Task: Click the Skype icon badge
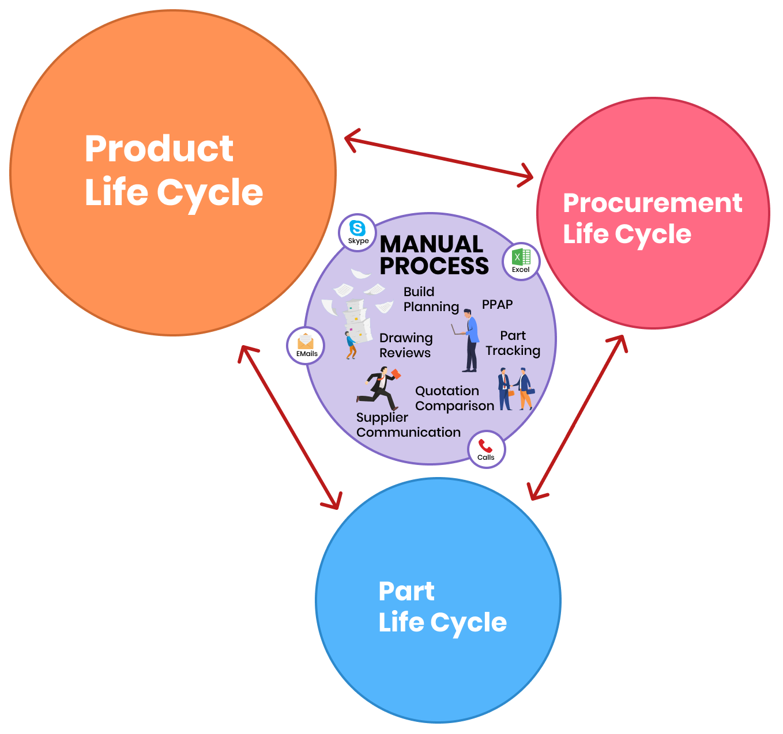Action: (x=358, y=232)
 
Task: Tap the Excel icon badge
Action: (x=521, y=261)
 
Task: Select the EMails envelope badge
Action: (x=306, y=346)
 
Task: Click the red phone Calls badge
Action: (x=486, y=449)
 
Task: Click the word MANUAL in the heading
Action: (x=431, y=244)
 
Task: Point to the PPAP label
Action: (x=497, y=304)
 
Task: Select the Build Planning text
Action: (x=431, y=299)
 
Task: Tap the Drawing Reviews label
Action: (x=406, y=345)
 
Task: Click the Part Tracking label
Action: (x=513, y=343)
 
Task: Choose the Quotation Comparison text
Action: (x=454, y=398)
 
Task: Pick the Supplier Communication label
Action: (x=408, y=425)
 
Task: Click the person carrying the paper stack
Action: (x=351, y=345)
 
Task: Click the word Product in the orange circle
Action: (x=159, y=149)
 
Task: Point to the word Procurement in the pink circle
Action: (x=652, y=203)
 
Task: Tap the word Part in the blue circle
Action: (x=406, y=591)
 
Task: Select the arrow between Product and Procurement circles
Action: (x=439, y=157)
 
